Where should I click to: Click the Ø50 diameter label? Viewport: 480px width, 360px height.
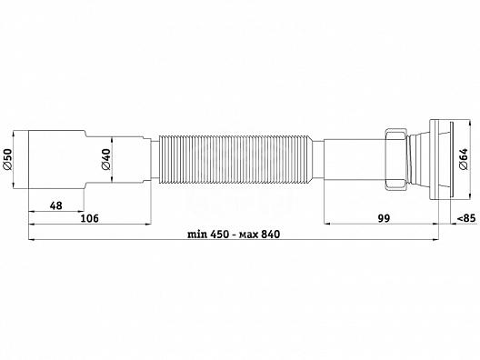[7, 159]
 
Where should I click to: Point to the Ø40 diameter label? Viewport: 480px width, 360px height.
[106, 159]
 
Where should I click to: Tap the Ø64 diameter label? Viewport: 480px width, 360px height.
[463, 159]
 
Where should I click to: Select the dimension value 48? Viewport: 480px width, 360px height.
[56, 205]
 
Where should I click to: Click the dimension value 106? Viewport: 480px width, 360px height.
[89, 218]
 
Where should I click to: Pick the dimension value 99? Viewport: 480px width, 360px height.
[384, 218]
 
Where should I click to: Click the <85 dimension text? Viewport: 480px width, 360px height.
[466, 218]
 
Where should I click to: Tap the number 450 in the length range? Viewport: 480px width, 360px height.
[219, 235]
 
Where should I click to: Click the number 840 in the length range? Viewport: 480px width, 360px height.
[270, 235]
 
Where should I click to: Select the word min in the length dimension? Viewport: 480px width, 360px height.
[197, 235]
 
